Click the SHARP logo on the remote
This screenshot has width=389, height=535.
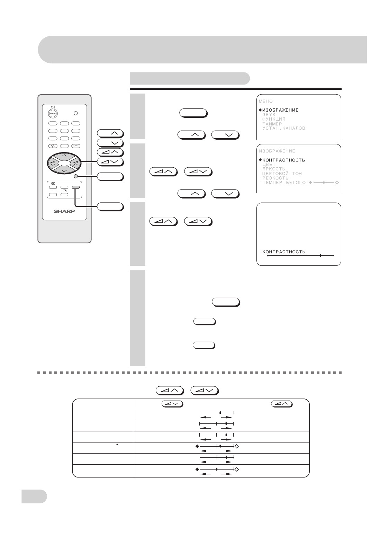point(64,211)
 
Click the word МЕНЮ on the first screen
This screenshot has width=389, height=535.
point(265,101)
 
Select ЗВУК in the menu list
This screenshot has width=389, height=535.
point(269,115)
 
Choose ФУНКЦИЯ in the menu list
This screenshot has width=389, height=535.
point(274,119)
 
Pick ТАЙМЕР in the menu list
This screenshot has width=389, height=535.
point(272,124)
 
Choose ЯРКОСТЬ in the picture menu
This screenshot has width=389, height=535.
point(273,169)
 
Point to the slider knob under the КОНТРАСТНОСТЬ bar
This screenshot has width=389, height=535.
point(320,255)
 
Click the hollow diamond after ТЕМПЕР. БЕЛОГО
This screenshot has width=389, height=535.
point(337,182)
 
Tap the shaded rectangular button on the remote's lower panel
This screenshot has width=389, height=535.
point(76,187)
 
